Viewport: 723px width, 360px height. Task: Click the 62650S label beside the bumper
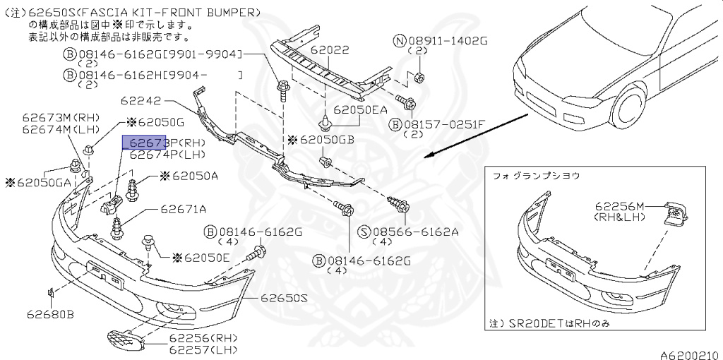point(285,299)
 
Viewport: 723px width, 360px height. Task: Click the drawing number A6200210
point(689,353)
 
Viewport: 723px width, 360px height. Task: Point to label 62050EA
point(360,110)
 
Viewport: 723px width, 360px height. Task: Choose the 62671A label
point(183,209)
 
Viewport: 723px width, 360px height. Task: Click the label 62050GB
point(325,140)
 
